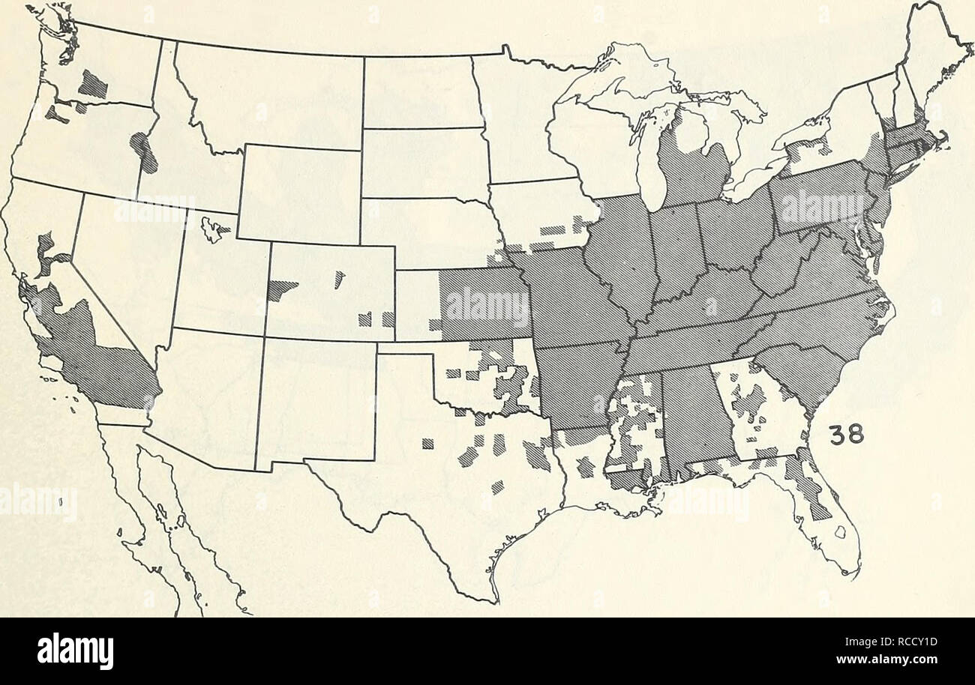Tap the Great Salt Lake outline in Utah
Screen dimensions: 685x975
coord(214,229)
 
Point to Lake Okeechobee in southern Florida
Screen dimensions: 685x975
coord(840,533)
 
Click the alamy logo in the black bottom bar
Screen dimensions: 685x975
coord(75,650)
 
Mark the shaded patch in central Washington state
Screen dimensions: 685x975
coord(93,84)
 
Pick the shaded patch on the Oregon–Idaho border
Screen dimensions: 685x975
coord(144,151)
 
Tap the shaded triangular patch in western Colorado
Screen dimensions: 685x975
coord(279,289)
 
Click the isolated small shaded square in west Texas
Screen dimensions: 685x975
coord(427,444)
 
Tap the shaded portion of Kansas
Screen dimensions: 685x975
coord(484,304)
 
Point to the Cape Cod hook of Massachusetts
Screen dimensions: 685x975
coord(941,139)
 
